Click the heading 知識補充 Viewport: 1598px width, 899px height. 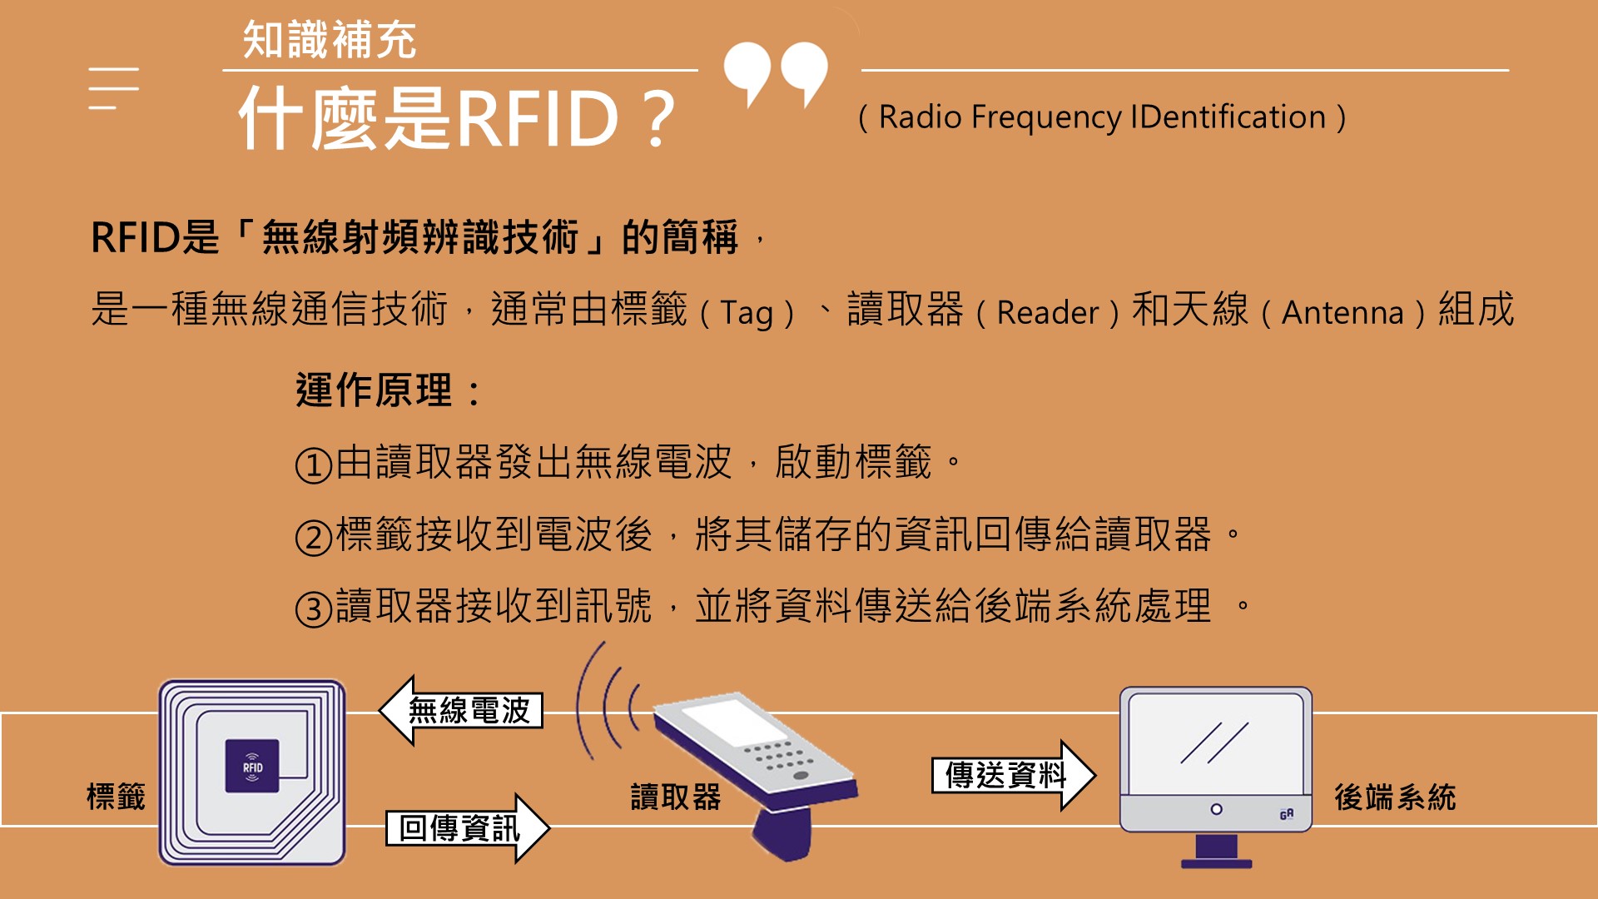click(329, 40)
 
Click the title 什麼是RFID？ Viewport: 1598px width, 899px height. click(457, 118)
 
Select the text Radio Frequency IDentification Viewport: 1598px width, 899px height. click(1102, 117)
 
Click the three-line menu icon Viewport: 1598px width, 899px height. click(114, 88)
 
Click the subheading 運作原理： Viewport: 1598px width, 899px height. click(389, 390)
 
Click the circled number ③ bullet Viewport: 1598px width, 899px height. click(314, 609)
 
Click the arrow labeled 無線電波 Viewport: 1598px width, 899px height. click(461, 711)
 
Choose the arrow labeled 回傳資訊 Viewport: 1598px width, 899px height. click(468, 828)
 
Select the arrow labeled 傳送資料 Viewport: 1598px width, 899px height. click(1014, 775)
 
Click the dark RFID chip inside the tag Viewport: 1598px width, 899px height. click(252, 766)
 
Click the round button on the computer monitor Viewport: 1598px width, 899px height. click(1216, 809)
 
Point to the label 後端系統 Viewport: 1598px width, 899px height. click(1395, 797)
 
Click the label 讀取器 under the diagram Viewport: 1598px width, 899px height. click(676, 797)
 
